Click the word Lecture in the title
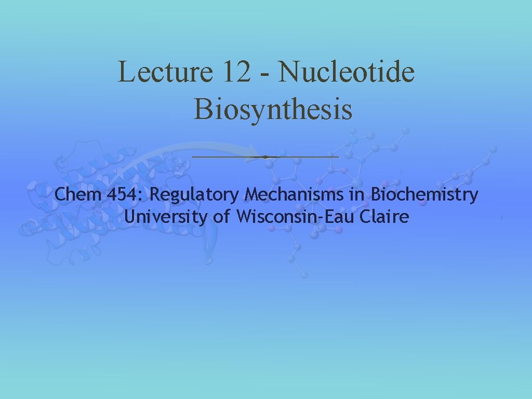(165, 72)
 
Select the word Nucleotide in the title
(347, 72)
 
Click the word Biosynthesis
(273, 109)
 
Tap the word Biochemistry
(424, 196)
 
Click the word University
(166, 217)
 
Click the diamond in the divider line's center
(265, 156)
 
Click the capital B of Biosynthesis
(203, 109)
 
